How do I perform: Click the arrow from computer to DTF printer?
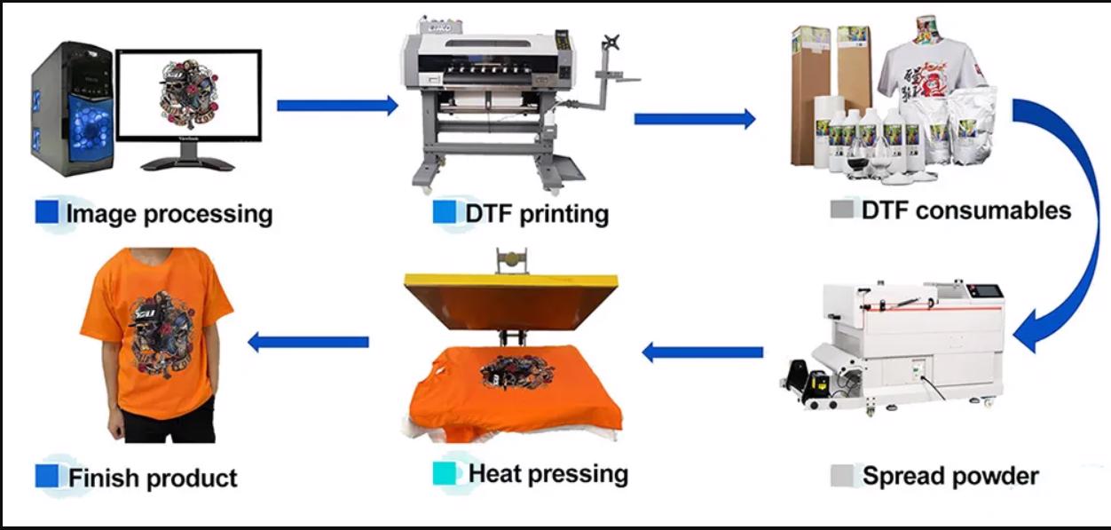pos(337,106)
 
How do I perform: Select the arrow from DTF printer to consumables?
pos(694,119)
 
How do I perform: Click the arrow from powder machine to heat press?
pos(702,352)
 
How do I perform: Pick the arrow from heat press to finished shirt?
pos(308,342)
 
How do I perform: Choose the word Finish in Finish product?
pos(103,478)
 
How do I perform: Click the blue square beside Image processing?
pos(47,211)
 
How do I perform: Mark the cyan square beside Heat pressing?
pos(445,473)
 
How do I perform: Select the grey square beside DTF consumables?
pos(842,209)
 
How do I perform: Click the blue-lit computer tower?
pos(72,109)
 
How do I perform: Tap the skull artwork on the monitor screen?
pos(188,94)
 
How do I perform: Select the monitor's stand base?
pos(188,163)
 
